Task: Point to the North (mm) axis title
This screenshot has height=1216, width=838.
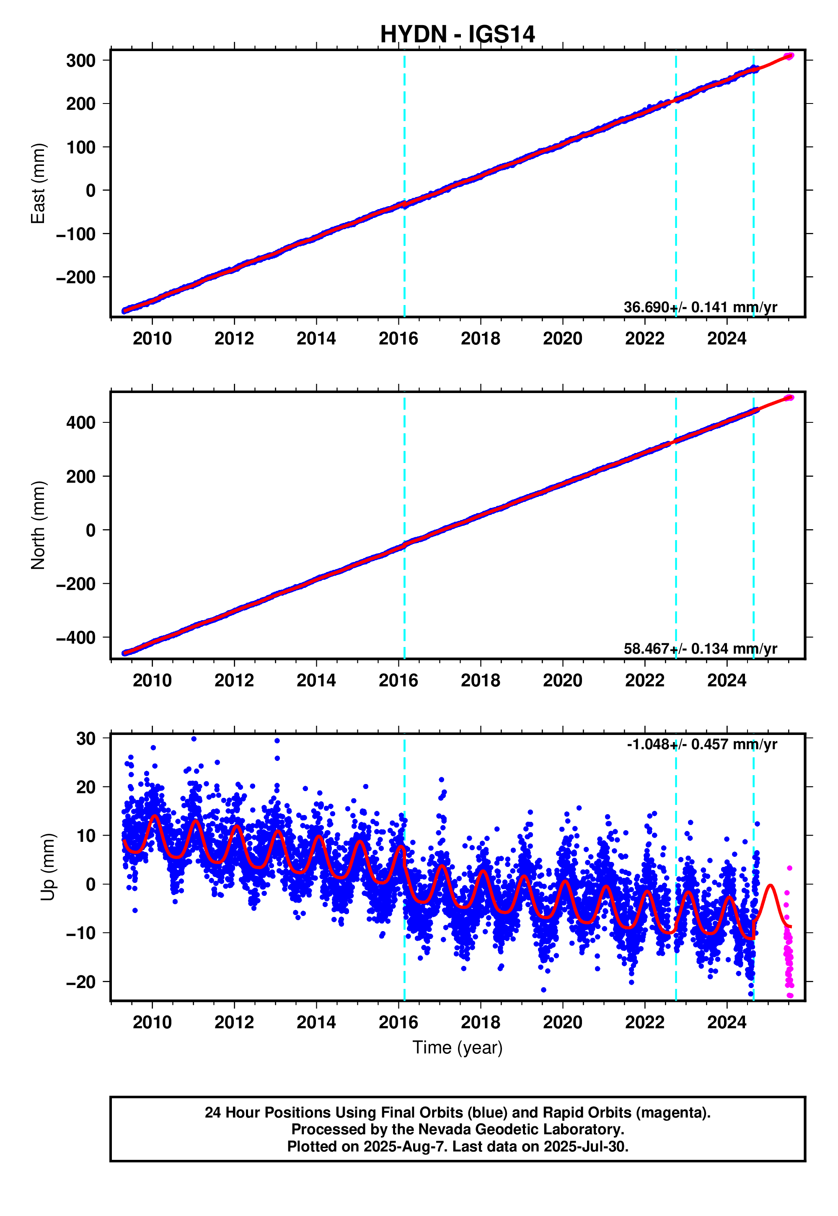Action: coord(38,525)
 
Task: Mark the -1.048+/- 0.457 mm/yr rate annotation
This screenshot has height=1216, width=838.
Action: coord(701,745)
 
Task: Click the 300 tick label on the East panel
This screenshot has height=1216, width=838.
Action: coord(81,61)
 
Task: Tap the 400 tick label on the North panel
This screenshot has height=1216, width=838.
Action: coord(81,423)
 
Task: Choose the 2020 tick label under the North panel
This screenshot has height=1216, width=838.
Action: coord(562,681)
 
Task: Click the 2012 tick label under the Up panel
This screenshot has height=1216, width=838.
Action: coord(234,1023)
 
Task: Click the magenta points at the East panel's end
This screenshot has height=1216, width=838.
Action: coord(789,56)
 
